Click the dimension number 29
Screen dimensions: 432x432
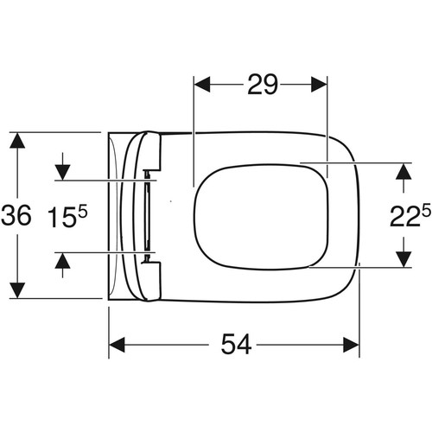263,85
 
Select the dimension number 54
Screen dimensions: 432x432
236,344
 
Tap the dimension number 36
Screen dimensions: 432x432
16,215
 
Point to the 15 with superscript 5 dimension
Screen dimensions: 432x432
67,217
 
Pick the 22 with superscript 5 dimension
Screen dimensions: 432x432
410,214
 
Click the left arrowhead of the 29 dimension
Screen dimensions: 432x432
202,85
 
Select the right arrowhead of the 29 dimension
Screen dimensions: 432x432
319,85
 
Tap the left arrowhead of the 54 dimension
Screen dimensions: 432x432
118,345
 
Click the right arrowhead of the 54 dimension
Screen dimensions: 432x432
351,345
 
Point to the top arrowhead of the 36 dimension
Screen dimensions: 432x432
17,140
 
